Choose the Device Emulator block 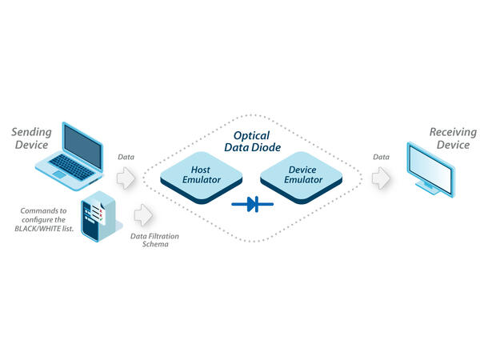[x=302, y=174]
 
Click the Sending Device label [x=31, y=138]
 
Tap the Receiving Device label [x=453, y=138]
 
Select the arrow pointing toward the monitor [x=382, y=178]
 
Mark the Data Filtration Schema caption [x=149, y=241]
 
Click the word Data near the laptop [x=126, y=158]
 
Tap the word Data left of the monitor [x=382, y=158]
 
